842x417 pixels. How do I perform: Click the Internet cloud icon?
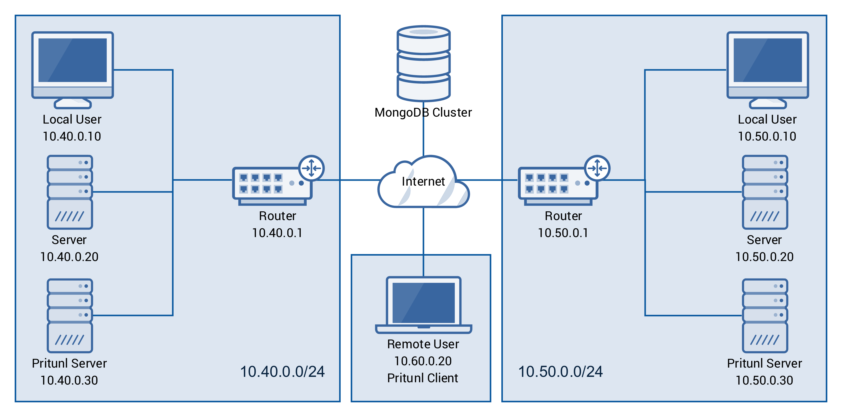click(423, 183)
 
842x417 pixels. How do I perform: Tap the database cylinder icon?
click(424, 64)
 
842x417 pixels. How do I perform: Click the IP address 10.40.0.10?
click(72, 136)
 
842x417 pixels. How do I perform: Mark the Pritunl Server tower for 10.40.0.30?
click(70, 315)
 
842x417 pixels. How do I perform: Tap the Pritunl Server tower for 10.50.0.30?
click(765, 315)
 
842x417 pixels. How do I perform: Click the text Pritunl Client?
click(423, 378)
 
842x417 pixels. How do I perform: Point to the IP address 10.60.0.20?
click(423, 361)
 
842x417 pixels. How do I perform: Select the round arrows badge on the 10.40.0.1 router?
click(311, 168)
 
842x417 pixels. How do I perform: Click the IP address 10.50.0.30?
click(764, 380)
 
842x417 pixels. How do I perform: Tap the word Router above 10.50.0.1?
click(563, 216)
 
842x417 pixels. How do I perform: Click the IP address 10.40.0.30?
click(69, 380)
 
